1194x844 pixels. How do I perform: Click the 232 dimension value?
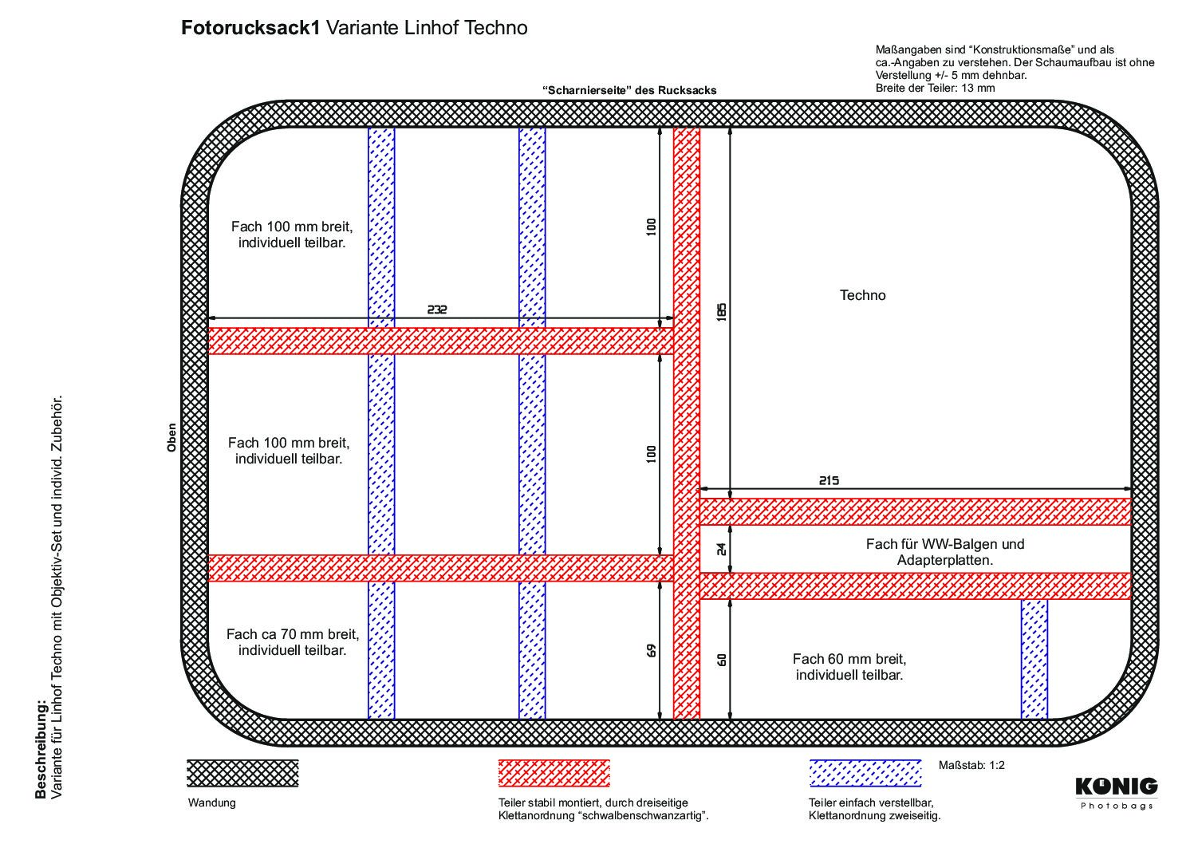(436, 310)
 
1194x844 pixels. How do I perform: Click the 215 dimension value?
(829, 480)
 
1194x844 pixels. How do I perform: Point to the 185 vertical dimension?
(721, 313)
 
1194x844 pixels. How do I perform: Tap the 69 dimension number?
(652, 650)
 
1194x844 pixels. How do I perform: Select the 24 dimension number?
(721, 549)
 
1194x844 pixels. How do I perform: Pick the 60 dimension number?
(721, 660)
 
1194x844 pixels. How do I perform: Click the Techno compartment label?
(862, 295)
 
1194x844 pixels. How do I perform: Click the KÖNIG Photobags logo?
(1116, 794)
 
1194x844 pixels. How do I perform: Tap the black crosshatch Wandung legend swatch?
(242, 773)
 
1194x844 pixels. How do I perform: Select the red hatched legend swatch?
(554, 773)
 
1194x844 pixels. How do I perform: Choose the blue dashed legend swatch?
(865, 773)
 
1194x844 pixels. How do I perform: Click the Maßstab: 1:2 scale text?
(971, 765)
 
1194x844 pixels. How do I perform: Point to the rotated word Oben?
(171, 438)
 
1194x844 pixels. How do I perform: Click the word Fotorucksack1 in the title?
(250, 28)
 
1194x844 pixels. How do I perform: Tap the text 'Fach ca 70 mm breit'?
(293, 634)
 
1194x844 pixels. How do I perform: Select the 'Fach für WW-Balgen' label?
(945, 544)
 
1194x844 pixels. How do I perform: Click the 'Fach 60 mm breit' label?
(849, 659)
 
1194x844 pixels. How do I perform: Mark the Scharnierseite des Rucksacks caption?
(629, 91)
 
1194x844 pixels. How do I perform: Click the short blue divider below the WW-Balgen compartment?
(1034, 660)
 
